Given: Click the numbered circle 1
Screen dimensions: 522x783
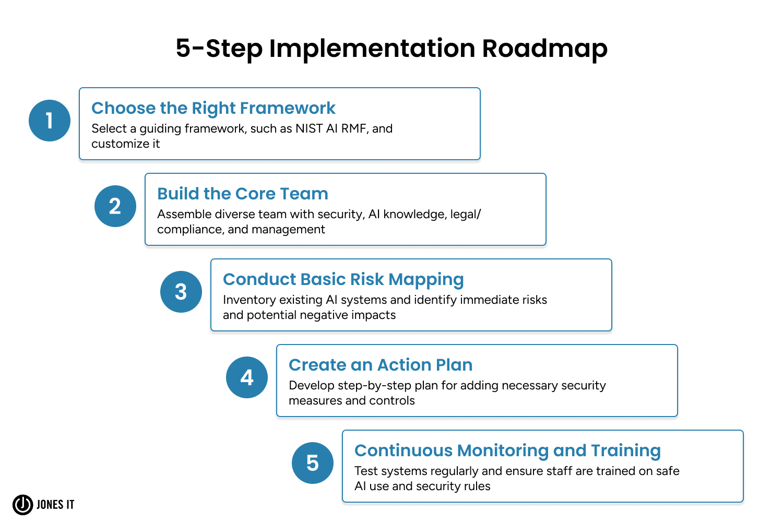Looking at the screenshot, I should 50,121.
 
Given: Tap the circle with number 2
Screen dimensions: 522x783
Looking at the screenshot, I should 115,206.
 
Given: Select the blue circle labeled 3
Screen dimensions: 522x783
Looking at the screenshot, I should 181,292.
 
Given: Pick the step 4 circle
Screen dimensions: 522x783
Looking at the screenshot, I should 247,377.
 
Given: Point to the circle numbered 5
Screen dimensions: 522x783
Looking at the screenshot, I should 313,463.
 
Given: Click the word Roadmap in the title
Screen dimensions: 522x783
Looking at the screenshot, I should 544,49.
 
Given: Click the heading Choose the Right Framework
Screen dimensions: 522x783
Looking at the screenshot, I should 213,108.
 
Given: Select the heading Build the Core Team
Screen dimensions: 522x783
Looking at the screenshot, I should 243,194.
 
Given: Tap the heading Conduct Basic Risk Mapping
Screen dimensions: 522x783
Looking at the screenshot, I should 343,279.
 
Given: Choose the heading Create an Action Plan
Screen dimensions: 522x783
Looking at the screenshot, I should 381,365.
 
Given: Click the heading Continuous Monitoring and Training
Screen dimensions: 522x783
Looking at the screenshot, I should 507,450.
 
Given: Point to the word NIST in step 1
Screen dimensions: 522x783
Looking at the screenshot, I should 309,128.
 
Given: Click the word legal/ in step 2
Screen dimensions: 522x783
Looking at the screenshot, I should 465,214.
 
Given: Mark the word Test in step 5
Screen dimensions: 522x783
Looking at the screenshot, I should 366,471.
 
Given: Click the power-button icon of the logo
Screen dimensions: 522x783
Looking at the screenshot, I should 23,504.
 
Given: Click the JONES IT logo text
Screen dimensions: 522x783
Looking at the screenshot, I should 55,504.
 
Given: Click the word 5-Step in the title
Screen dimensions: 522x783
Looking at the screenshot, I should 219,49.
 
